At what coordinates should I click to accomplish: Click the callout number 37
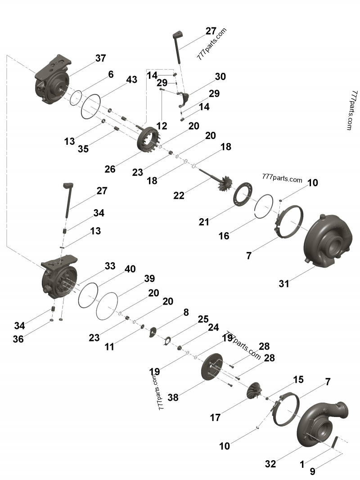[x=100, y=58]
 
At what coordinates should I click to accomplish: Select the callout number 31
[x=283, y=283]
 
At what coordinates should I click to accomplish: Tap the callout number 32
[x=270, y=464]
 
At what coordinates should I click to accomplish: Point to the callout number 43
[x=131, y=80]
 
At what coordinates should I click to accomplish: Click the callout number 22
[x=179, y=195]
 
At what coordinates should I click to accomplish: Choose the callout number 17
[x=215, y=417]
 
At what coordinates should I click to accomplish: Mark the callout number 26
[x=110, y=169]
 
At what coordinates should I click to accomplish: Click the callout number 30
[x=220, y=77]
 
